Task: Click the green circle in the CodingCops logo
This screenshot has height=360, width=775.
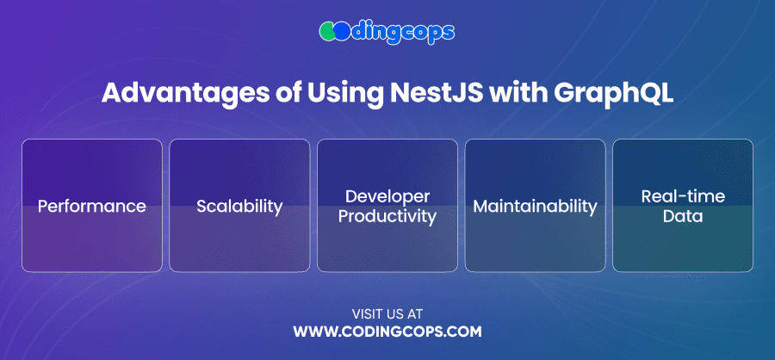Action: (326, 31)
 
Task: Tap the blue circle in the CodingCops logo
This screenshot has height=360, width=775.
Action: (340, 31)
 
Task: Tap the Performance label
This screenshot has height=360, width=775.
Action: (92, 206)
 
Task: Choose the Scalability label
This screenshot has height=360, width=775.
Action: (239, 207)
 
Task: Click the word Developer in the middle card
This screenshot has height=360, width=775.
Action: (387, 196)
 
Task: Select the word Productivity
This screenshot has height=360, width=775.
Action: (387, 216)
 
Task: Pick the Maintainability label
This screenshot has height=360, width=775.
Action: (536, 207)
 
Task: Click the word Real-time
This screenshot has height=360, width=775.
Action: (683, 196)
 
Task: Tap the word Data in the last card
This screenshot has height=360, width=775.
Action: (683, 216)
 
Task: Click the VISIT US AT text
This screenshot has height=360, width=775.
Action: (387, 314)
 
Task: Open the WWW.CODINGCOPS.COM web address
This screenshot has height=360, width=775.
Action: (387, 332)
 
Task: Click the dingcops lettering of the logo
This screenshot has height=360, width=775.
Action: (401, 32)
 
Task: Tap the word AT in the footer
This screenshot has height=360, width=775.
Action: (416, 314)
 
